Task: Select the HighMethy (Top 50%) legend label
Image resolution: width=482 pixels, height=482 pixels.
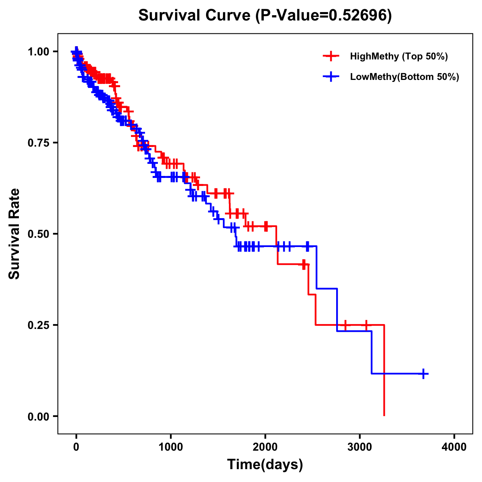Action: (399, 56)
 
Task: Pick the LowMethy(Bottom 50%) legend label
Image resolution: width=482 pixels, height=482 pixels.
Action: (404, 77)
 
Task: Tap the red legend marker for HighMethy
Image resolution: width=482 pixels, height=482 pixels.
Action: (331, 56)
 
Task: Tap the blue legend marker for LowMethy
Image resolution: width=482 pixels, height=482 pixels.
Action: (331, 77)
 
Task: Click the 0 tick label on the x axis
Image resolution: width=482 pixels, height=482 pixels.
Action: (76, 447)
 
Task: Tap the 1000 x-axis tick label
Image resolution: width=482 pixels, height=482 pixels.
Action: (171, 447)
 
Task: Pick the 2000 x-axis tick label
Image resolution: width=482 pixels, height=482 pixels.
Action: (265, 447)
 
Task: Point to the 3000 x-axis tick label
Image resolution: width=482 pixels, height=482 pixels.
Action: (360, 447)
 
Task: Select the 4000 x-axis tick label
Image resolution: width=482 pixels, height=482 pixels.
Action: (454, 447)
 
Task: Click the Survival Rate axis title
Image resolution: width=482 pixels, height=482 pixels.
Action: (15, 233)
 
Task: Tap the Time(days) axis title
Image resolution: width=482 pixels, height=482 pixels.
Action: (265, 465)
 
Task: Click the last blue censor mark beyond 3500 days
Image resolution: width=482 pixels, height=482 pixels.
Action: (423, 374)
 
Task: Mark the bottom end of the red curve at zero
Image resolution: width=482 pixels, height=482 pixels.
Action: (384, 415)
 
